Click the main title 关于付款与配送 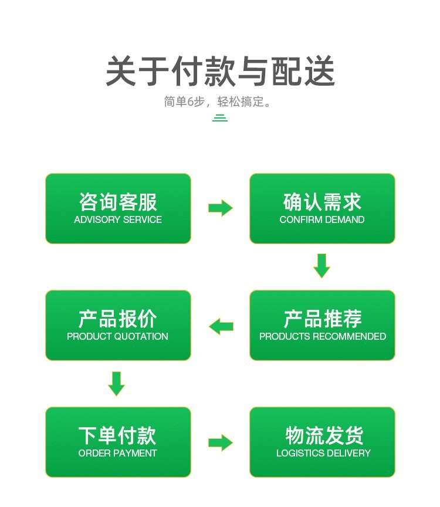tap(220, 72)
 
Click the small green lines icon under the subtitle tap(220, 118)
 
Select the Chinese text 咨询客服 tap(118, 202)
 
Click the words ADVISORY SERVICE tap(118, 220)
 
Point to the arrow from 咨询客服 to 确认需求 tap(220, 208)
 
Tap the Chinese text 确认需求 tap(322, 202)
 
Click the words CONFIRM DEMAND tap(322, 220)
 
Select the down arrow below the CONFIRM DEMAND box tap(321, 266)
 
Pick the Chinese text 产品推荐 tap(322, 319)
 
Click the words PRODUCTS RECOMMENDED tap(323, 337)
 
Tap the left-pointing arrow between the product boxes tap(221, 326)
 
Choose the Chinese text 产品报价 tap(118, 319)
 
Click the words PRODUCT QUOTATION tap(117, 337)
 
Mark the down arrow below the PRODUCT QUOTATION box tap(117, 383)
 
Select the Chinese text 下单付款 tap(117, 435)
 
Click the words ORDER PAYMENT tap(117, 454)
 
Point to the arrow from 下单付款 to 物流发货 tap(220, 442)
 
